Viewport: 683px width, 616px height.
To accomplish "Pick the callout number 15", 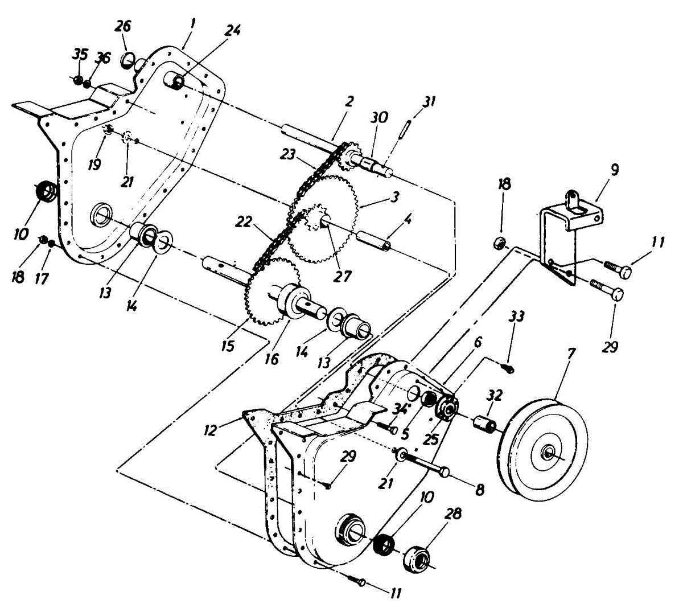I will (x=228, y=346).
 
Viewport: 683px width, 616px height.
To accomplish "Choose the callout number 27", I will (x=343, y=276).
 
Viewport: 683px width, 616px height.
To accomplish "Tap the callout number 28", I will (x=453, y=514).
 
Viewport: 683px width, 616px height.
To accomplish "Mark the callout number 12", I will (x=211, y=430).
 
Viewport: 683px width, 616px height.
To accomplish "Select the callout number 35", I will (x=80, y=55).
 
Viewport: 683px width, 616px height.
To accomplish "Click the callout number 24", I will (x=232, y=30).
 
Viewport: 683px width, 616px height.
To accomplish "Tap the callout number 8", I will (x=480, y=488).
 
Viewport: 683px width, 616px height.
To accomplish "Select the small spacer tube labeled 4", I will (x=373, y=240).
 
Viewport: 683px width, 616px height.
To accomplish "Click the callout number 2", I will (x=349, y=102).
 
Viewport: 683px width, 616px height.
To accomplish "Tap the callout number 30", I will (x=379, y=117).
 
